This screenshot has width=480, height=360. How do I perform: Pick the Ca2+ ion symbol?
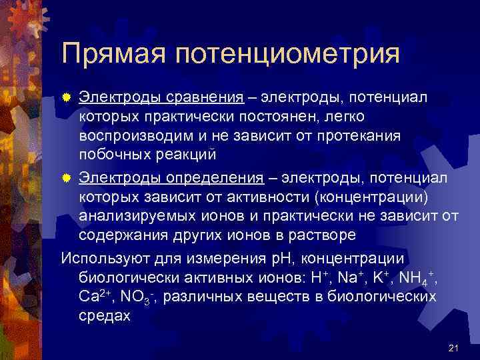[x=98, y=296]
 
